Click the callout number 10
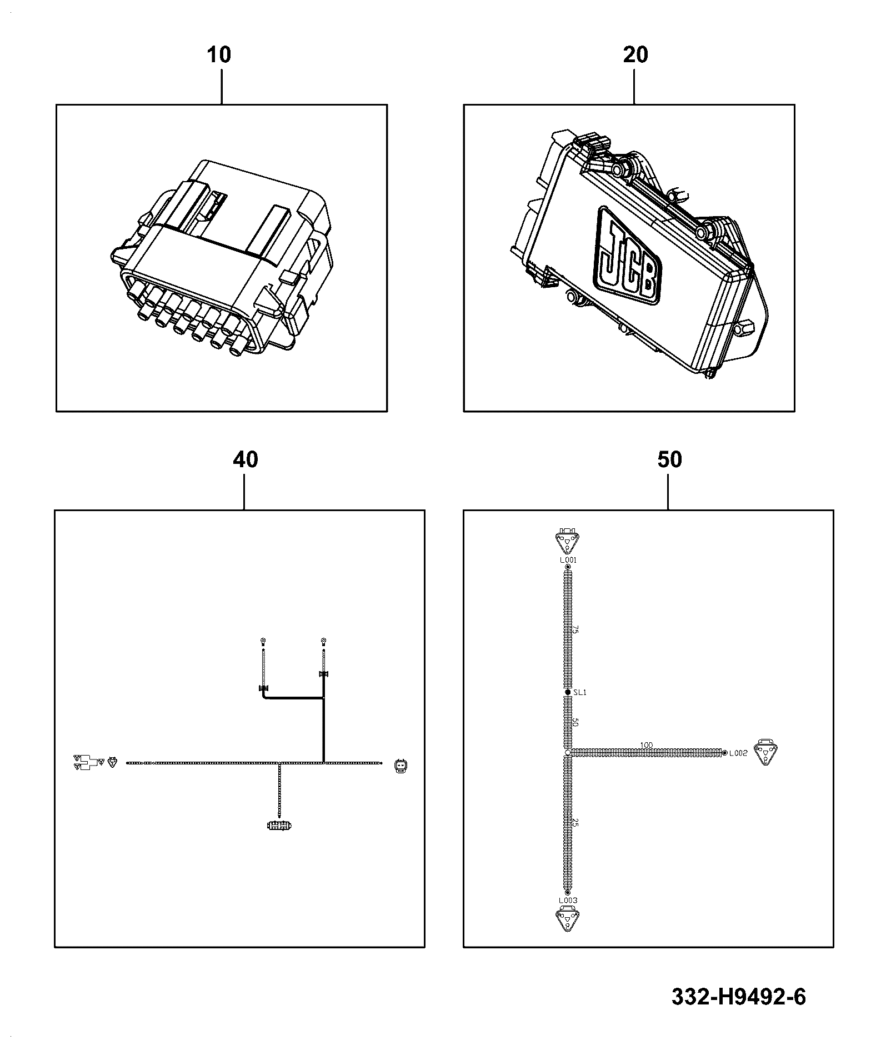219,55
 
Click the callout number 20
635,55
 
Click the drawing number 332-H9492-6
738,996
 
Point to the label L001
568,560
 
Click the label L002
738,753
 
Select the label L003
568,900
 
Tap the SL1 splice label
580,692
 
